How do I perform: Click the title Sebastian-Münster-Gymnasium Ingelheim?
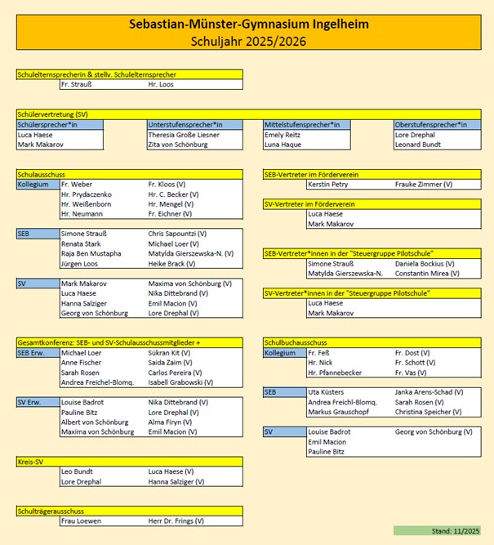[248, 24]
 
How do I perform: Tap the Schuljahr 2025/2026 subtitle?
[248, 40]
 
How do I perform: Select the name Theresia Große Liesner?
[184, 135]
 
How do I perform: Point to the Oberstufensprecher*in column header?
[430, 124]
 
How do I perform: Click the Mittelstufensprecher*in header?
[301, 124]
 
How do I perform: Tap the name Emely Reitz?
[282, 135]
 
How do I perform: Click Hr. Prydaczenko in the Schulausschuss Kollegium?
[86, 194]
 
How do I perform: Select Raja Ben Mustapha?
[91, 254]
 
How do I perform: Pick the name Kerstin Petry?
[327, 185]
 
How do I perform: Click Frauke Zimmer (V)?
[424, 185]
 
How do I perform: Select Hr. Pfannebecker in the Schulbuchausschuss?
[335, 373]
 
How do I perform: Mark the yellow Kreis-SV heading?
[29, 462]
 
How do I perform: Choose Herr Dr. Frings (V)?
[176, 520]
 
